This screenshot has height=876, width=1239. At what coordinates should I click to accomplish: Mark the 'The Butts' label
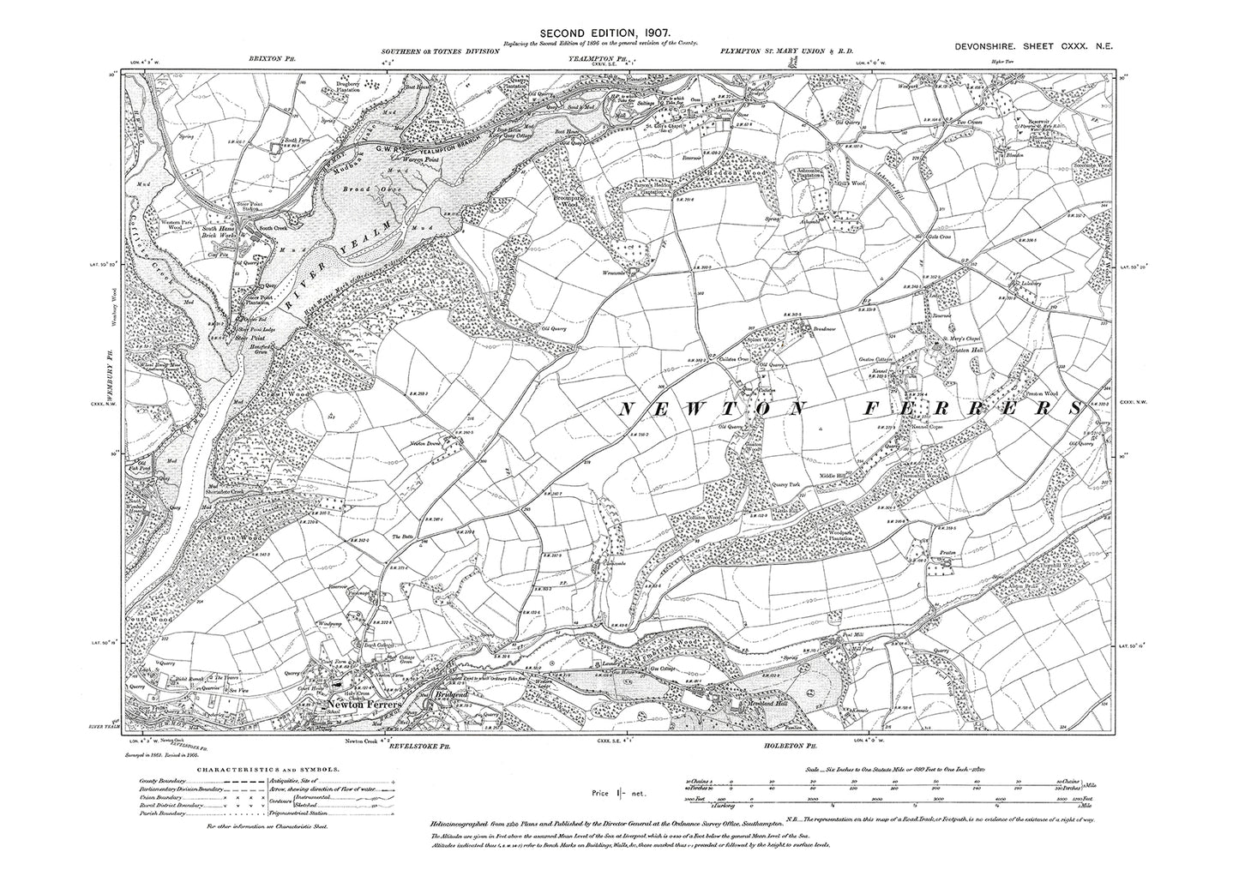coord(403,537)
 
